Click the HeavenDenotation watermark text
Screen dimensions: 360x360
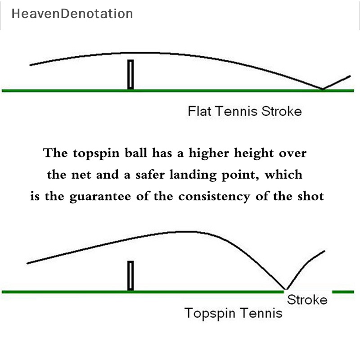[x=72, y=14]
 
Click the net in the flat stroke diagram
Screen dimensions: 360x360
[x=130, y=74]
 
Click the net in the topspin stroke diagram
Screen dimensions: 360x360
[x=130, y=276]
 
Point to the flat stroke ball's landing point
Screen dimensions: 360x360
[x=323, y=89]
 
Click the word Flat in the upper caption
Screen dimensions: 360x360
[x=198, y=111]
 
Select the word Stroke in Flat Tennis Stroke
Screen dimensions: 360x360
[x=280, y=111]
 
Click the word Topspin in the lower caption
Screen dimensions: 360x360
[x=210, y=313]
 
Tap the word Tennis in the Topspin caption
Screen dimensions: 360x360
[x=261, y=313]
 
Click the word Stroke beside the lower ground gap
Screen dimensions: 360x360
[x=307, y=300]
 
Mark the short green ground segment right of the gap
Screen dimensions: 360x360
[x=343, y=292]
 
